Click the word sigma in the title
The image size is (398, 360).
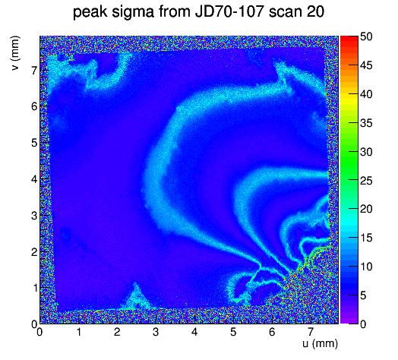[x=133, y=12]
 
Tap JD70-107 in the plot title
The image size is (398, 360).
[x=229, y=11]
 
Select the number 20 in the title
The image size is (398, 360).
[x=315, y=11]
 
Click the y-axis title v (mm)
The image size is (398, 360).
[x=15, y=53]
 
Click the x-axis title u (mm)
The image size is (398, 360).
[x=320, y=343]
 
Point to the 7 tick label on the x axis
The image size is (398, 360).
[x=311, y=332]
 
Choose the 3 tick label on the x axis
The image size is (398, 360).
[x=156, y=332]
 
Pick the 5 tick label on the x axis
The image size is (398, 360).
[x=233, y=332]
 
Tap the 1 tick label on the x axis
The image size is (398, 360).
[x=78, y=332]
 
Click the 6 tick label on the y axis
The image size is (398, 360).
[x=34, y=106]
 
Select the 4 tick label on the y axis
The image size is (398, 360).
[x=34, y=179]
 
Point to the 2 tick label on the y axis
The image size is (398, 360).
[x=34, y=252]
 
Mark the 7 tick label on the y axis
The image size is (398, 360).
[x=34, y=71]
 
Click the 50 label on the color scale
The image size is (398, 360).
[x=366, y=36]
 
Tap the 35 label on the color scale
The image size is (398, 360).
[x=366, y=123]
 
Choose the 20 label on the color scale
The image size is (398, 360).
[x=366, y=209]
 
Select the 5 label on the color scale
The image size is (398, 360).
[x=363, y=295]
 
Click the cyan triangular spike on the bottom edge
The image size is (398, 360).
[x=136, y=298]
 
